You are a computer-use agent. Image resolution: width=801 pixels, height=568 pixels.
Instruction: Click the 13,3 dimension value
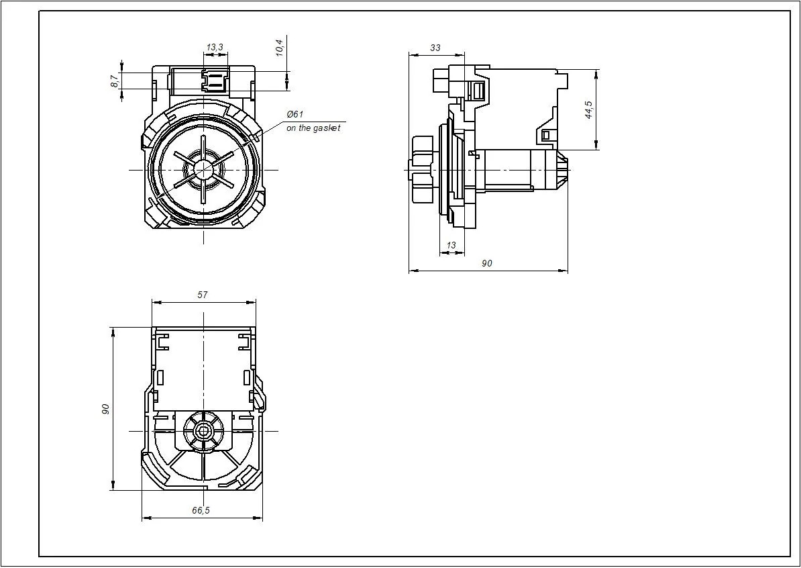coord(215,48)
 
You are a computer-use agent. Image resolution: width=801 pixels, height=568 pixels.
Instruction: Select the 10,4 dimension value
coord(280,48)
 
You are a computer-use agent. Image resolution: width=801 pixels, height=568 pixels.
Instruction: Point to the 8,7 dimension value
coord(115,81)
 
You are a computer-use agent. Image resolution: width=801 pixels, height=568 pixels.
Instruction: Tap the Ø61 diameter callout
coord(295,114)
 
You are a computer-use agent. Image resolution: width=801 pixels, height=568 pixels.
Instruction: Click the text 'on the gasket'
coord(313,128)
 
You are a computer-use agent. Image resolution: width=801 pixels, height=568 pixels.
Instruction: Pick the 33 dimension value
coord(435,48)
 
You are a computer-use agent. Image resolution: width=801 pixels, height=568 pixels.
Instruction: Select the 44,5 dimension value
coord(588,110)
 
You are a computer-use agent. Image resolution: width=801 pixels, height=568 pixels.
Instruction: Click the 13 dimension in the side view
coord(451,246)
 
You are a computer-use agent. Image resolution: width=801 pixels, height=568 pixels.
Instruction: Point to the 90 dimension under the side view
coord(487,263)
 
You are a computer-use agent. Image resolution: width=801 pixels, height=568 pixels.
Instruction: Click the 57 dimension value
coord(203,295)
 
